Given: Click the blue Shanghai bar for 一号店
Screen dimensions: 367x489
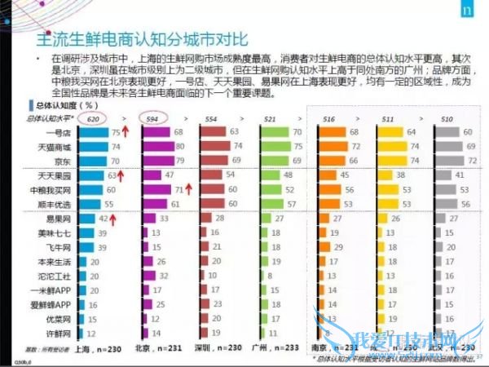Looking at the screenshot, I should point(94,132).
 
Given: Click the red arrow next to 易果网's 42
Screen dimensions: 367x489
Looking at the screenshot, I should point(118,219).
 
